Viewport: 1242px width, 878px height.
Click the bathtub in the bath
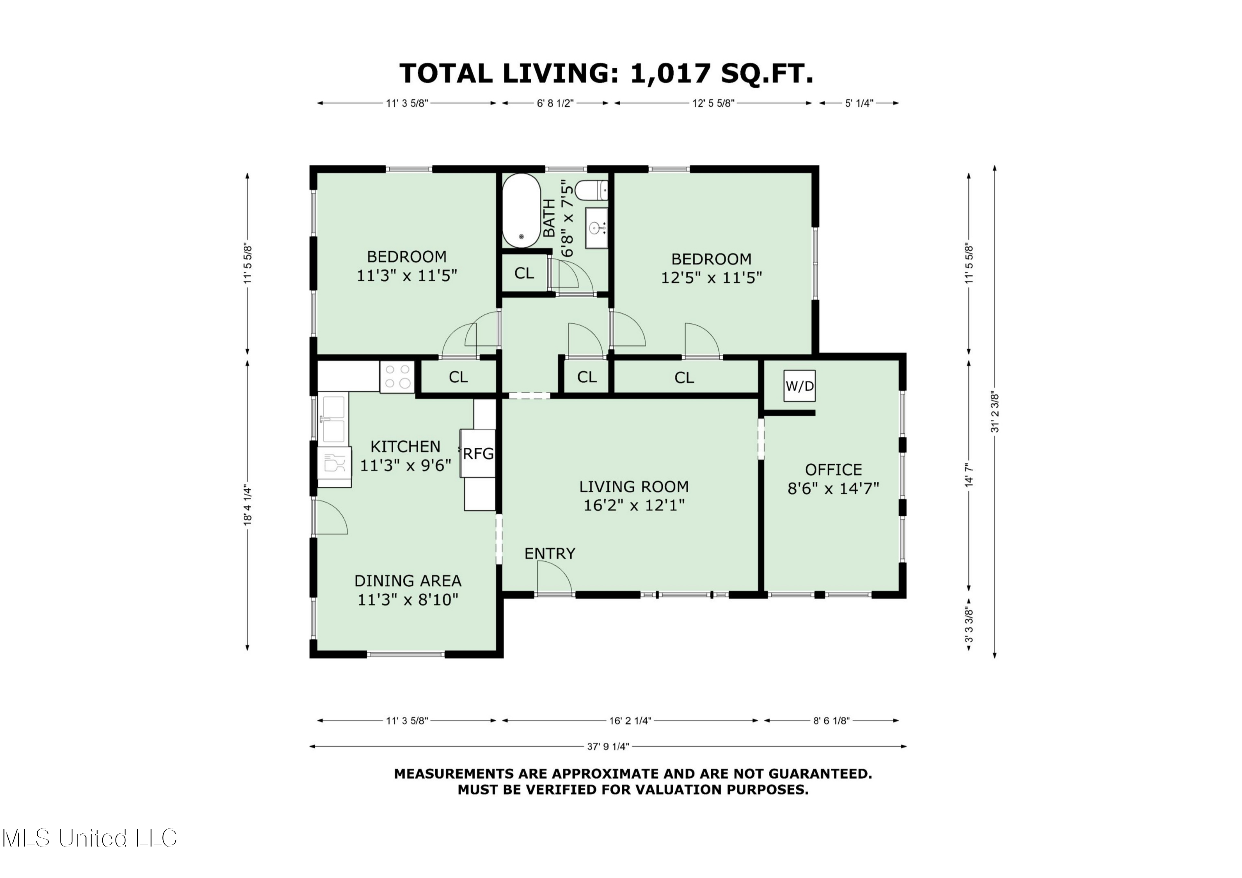522,211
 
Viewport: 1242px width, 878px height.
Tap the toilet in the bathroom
591,190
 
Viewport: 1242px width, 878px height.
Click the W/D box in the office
799,386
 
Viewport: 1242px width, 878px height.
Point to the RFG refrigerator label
478,453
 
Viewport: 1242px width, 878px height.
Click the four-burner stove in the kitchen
397,377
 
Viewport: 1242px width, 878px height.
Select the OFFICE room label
833,469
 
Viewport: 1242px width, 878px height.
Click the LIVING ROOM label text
634,487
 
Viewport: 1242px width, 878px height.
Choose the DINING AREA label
408,581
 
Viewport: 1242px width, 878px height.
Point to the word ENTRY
550,553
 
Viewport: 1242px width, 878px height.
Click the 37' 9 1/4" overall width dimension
608,746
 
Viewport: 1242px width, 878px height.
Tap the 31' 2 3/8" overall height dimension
995,412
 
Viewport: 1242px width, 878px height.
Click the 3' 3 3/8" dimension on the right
969,626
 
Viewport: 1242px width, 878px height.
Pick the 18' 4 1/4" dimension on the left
248,504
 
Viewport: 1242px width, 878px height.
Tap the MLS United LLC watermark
89,837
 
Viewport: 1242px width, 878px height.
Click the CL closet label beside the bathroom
524,273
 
